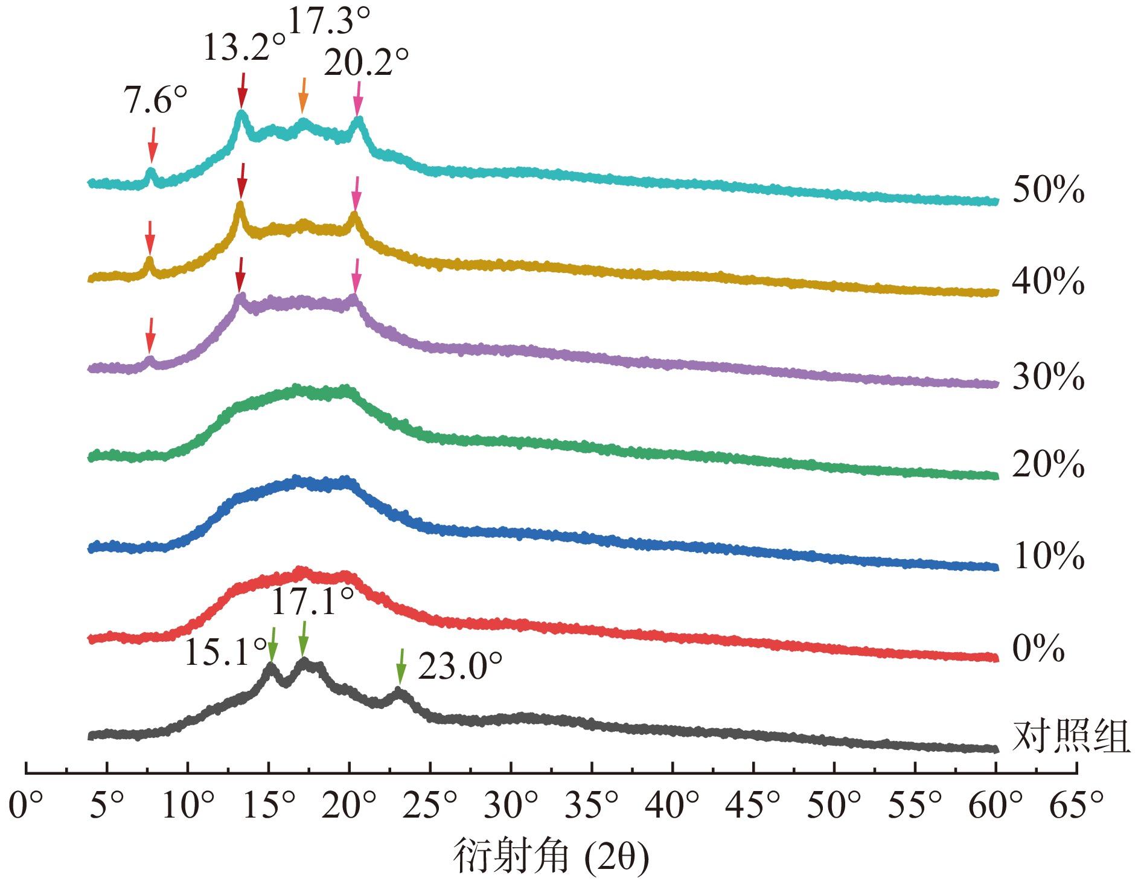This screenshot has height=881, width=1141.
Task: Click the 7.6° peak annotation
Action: coord(156,100)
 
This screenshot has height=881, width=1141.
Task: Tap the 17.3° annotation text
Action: coord(329,21)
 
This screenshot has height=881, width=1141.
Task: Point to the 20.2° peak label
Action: coord(366,62)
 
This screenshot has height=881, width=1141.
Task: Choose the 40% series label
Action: coord(1048,281)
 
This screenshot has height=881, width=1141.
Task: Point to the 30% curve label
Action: coord(1048,377)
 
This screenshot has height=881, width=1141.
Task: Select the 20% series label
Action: coord(1048,465)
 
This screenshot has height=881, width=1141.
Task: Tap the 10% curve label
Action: coord(1048,556)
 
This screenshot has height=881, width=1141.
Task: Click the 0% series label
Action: coord(1038,649)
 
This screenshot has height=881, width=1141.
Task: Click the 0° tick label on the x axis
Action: coord(26,805)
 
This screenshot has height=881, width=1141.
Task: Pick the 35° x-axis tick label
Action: coord(592,805)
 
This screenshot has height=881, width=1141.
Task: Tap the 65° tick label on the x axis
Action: coord(1076,805)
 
